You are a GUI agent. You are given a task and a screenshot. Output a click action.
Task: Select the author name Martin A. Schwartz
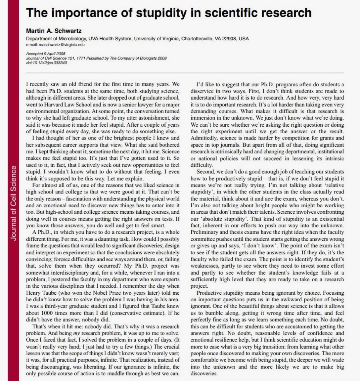[54, 31]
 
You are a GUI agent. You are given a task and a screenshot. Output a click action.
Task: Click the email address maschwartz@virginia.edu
[55, 44]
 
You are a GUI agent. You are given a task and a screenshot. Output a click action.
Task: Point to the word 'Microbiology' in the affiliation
[73, 38]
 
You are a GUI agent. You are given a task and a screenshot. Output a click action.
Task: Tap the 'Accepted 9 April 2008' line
[46, 54]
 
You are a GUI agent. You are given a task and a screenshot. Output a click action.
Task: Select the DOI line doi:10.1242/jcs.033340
[46, 63]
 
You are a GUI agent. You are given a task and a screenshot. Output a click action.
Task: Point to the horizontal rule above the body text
[185, 73]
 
